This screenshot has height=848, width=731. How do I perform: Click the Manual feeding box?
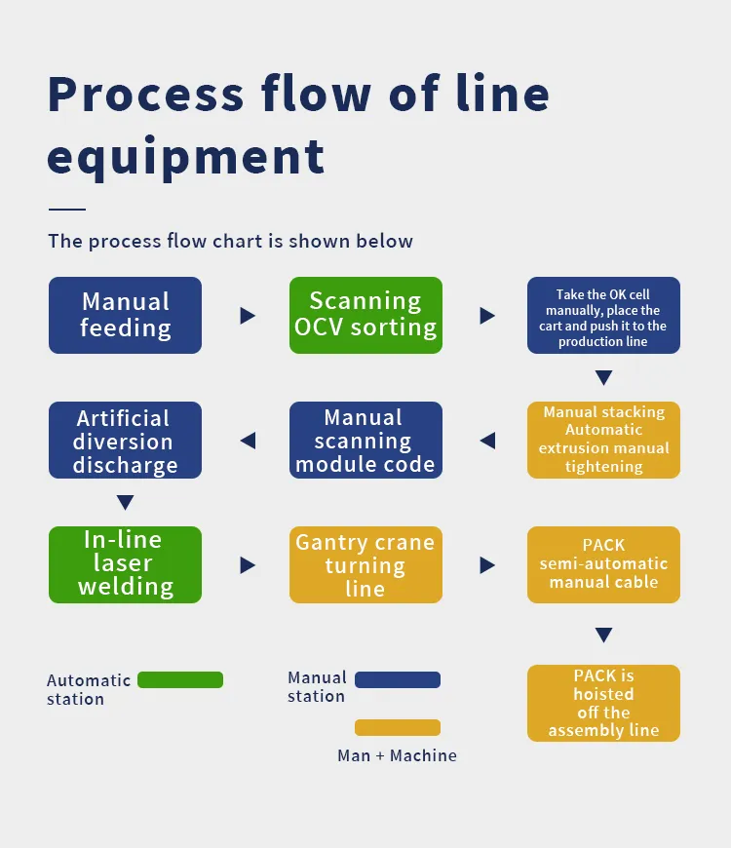(125, 315)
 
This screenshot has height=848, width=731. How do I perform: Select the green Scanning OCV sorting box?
(365, 315)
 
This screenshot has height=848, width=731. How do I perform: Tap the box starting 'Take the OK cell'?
(603, 315)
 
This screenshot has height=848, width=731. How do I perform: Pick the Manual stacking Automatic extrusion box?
(603, 440)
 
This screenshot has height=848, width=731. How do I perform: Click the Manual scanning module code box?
(365, 440)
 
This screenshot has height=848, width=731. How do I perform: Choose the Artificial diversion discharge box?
(125, 440)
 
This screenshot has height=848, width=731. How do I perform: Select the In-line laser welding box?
(125, 564)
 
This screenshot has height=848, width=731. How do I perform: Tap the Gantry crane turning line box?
(365, 564)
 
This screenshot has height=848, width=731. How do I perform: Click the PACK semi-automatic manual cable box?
(603, 564)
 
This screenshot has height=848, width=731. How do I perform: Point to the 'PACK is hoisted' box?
(603, 703)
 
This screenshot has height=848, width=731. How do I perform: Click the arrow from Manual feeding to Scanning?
(248, 316)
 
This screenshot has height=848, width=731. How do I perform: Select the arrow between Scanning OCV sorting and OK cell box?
(487, 316)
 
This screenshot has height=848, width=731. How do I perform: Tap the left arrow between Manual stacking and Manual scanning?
(487, 441)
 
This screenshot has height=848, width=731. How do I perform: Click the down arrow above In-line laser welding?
(125, 503)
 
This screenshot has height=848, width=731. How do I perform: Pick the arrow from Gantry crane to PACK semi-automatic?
(487, 565)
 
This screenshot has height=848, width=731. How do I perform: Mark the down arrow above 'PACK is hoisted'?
(603, 636)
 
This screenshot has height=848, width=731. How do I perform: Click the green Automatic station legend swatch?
(180, 680)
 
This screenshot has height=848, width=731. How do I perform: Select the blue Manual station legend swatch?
(398, 679)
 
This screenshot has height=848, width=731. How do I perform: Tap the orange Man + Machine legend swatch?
(398, 727)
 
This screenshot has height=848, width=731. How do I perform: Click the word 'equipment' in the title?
(185, 156)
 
